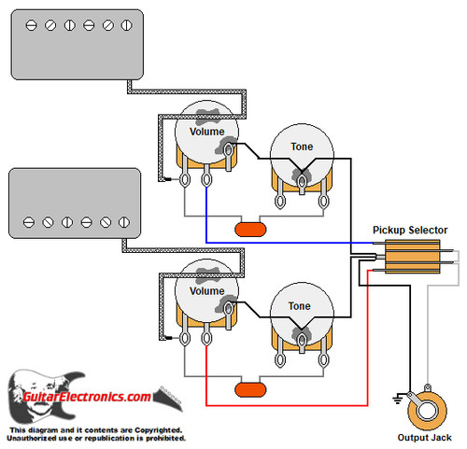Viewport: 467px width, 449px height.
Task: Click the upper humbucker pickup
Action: [x=74, y=44]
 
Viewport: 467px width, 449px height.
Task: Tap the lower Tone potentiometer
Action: [x=300, y=318]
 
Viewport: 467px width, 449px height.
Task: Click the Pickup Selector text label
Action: [x=409, y=230]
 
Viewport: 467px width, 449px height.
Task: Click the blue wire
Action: [x=280, y=243]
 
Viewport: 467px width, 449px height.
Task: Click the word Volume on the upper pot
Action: [x=206, y=132]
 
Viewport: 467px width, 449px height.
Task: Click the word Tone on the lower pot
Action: [x=300, y=306]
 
